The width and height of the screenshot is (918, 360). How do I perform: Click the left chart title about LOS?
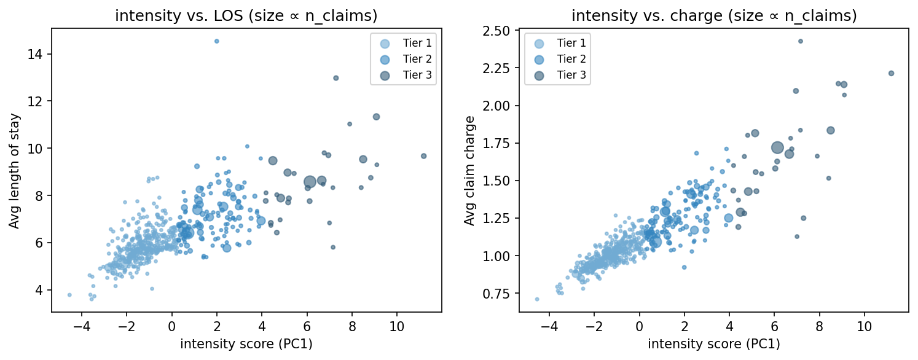246,16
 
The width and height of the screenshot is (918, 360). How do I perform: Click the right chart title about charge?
713,16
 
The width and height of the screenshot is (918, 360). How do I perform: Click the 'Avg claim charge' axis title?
469,171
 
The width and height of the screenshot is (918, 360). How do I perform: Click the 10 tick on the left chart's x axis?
397,326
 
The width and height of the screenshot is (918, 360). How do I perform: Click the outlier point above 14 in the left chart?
216,41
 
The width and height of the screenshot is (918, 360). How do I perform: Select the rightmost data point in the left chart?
423,156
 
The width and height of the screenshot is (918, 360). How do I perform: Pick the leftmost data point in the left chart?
69,295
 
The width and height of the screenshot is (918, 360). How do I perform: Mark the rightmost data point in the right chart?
891,73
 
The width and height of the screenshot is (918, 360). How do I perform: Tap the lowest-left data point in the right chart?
537,299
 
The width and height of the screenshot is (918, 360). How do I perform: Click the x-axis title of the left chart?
246,345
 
